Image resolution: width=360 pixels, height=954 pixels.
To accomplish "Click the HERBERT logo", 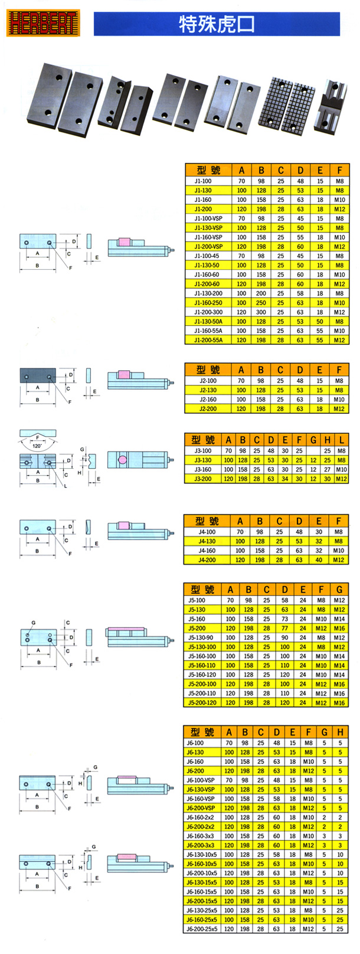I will coord(42,23).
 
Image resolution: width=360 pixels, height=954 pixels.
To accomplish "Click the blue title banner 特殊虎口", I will coord(217,25).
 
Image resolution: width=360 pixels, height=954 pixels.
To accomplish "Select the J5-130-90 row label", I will coord(201,638).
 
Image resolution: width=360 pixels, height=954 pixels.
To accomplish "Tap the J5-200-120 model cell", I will coord(201,703).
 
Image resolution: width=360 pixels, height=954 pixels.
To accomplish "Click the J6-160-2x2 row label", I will coord(201,818).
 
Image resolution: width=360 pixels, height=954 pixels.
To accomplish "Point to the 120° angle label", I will coord(37,445).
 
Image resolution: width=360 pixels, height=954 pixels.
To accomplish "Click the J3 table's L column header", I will coord(342,440).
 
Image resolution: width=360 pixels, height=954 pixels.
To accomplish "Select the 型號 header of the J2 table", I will coord(208,370).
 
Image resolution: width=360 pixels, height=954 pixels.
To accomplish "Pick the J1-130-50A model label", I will coord(204,322).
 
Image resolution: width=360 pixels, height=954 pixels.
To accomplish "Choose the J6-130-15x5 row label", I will coord(201,883).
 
